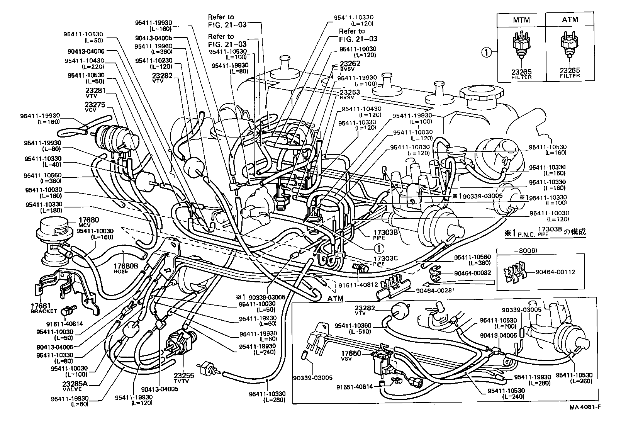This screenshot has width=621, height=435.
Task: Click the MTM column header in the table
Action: click(521, 20)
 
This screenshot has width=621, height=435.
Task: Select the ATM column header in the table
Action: click(570, 20)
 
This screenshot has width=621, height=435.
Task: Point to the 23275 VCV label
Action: click(95, 107)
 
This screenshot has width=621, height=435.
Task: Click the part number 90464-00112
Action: click(555, 272)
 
